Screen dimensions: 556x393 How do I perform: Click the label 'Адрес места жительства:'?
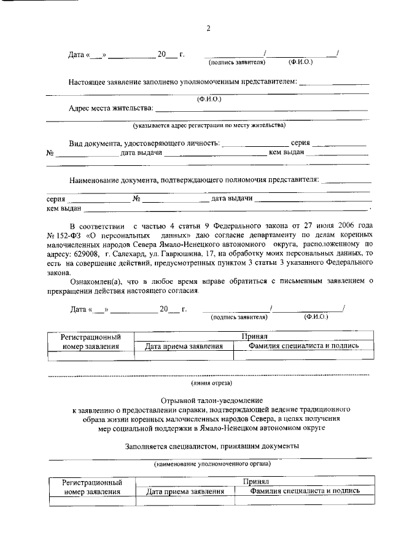tap(111, 109)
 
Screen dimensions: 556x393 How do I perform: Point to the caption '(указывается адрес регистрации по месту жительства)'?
tap(209, 125)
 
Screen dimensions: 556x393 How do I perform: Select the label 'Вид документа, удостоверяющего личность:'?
tap(144, 143)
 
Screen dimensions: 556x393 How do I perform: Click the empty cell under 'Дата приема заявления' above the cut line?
tap(184, 355)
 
